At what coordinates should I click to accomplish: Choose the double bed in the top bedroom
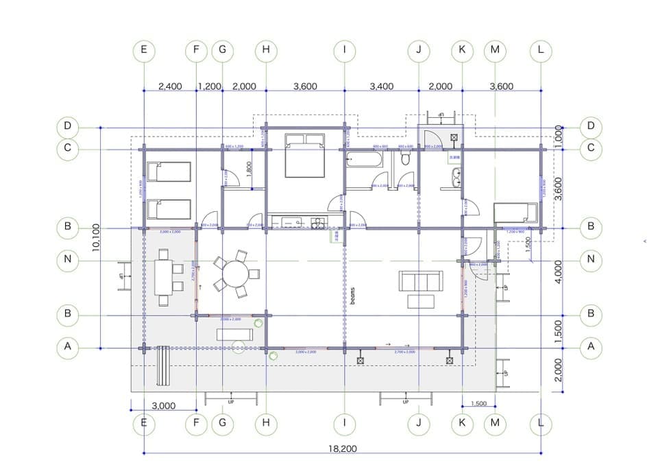coord(304,155)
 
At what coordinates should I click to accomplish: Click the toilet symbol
coord(406,159)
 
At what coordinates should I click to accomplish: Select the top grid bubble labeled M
coord(494,50)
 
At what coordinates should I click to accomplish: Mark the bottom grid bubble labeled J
coord(418,423)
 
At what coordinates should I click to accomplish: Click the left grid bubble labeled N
coord(67,259)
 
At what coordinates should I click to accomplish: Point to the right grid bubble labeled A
coord(590,347)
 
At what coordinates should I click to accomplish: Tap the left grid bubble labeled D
coord(67,126)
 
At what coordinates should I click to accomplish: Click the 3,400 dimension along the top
coord(381,86)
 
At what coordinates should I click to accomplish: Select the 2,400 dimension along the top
coord(170,86)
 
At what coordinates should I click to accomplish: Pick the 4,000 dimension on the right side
coord(559,272)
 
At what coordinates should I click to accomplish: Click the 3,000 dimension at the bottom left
coord(162,405)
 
